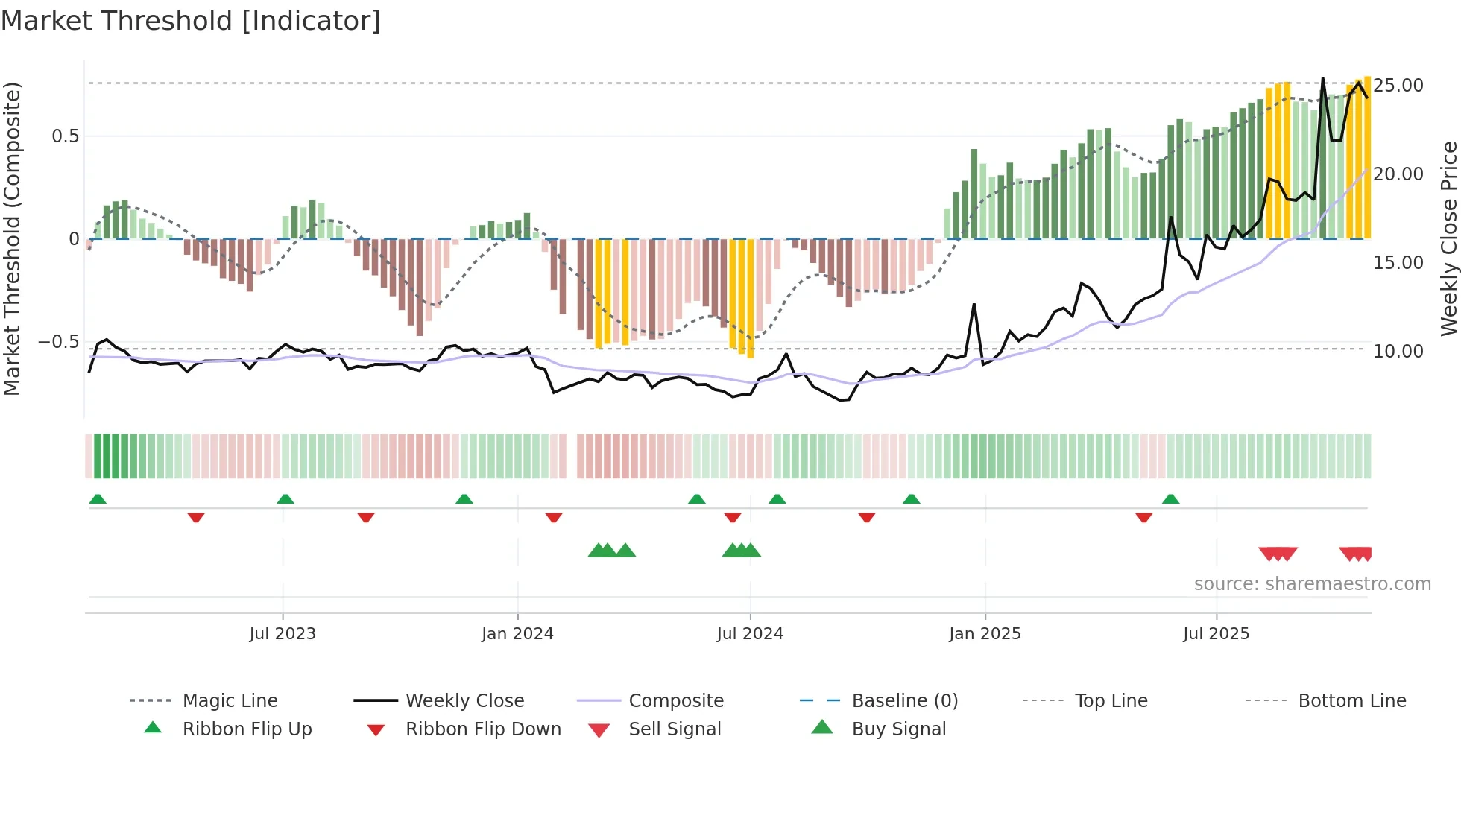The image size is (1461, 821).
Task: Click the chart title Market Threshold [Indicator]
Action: [191, 21]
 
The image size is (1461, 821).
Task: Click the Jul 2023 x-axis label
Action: [283, 634]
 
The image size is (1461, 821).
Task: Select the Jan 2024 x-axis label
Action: [517, 634]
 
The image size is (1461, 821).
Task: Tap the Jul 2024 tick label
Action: [750, 634]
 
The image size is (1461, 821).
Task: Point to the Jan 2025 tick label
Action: [985, 634]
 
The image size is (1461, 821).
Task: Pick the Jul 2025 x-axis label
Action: [1216, 634]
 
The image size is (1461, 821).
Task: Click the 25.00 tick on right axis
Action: [1398, 86]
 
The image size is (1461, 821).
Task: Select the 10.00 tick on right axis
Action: [1398, 352]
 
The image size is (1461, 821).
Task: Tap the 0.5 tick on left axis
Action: [66, 136]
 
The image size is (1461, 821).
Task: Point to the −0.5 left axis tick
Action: [59, 343]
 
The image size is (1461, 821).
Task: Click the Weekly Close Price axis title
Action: [1448, 238]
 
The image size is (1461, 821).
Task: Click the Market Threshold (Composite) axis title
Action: [12, 238]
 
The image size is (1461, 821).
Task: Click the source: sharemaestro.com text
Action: [1312, 584]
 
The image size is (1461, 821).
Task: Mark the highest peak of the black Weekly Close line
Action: [1323, 79]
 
